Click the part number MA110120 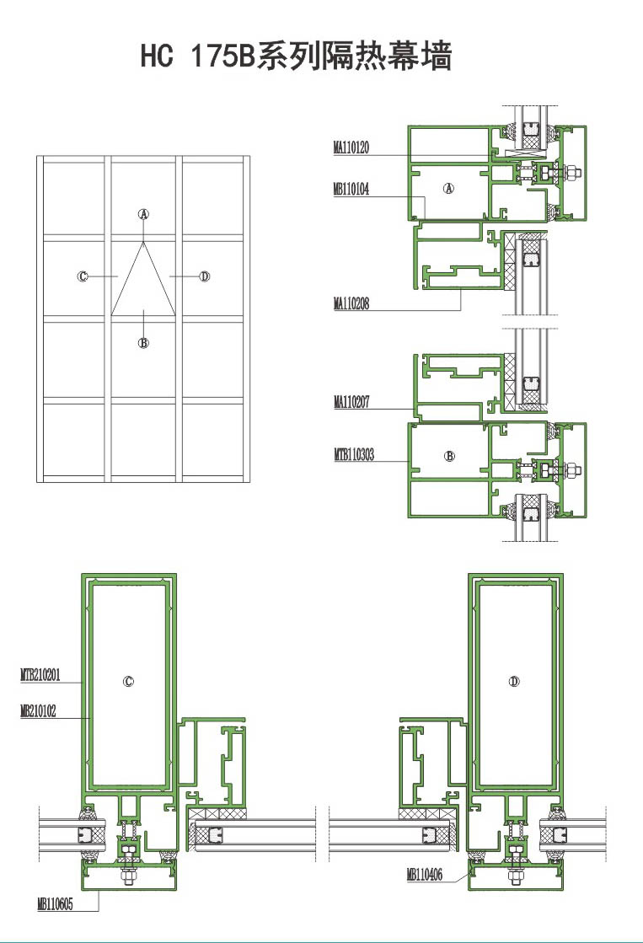pyautogui.click(x=351, y=147)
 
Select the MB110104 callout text pyautogui.click(x=351, y=190)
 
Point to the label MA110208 pyautogui.click(x=351, y=303)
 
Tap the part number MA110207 pyautogui.click(x=351, y=402)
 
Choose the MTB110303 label pyautogui.click(x=354, y=455)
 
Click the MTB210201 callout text pyautogui.click(x=40, y=675)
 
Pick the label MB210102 pyautogui.click(x=38, y=711)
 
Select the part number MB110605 pyautogui.click(x=55, y=904)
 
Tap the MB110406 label pyautogui.click(x=424, y=875)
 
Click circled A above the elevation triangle pyautogui.click(x=144, y=213)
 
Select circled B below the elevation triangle pyautogui.click(x=144, y=343)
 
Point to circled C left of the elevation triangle pyautogui.click(x=83, y=276)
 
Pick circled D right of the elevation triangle pyautogui.click(x=205, y=276)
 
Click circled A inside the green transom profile pyautogui.click(x=448, y=188)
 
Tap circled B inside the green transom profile pyautogui.click(x=449, y=456)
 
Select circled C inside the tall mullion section pyautogui.click(x=128, y=682)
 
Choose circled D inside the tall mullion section pyautogui.click(x=514, y=682)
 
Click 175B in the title pyautogui.click(x=222, y=56)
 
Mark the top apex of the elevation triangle pyautogui.click(x=144, y=243)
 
